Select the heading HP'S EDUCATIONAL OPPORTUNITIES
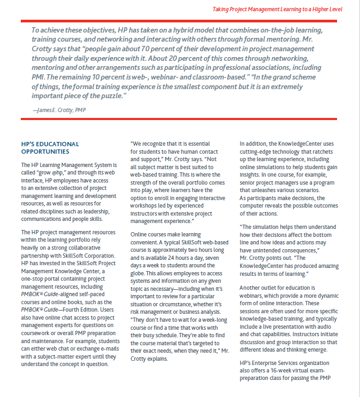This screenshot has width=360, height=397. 50,148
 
